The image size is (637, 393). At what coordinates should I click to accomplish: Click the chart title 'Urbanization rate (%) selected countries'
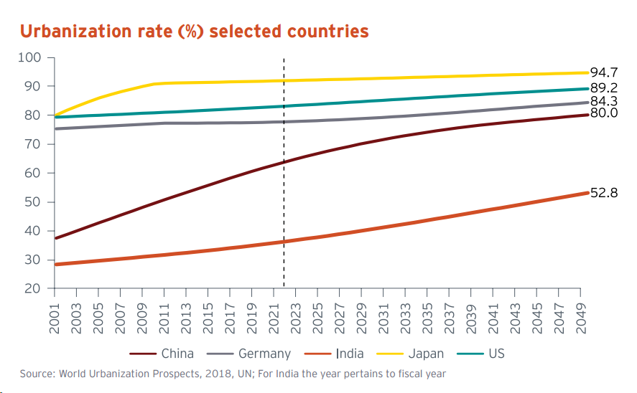(x=194, y=32)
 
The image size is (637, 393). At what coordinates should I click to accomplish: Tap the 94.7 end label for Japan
(x=604, y=72)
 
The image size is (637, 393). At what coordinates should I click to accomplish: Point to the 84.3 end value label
(x=604, y=102)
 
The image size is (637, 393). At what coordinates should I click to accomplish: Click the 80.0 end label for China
(x=604, y=113)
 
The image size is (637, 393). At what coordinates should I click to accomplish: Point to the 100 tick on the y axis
(x=34, y=57)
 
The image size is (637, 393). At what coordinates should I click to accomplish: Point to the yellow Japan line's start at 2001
(x=55, y=115)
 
